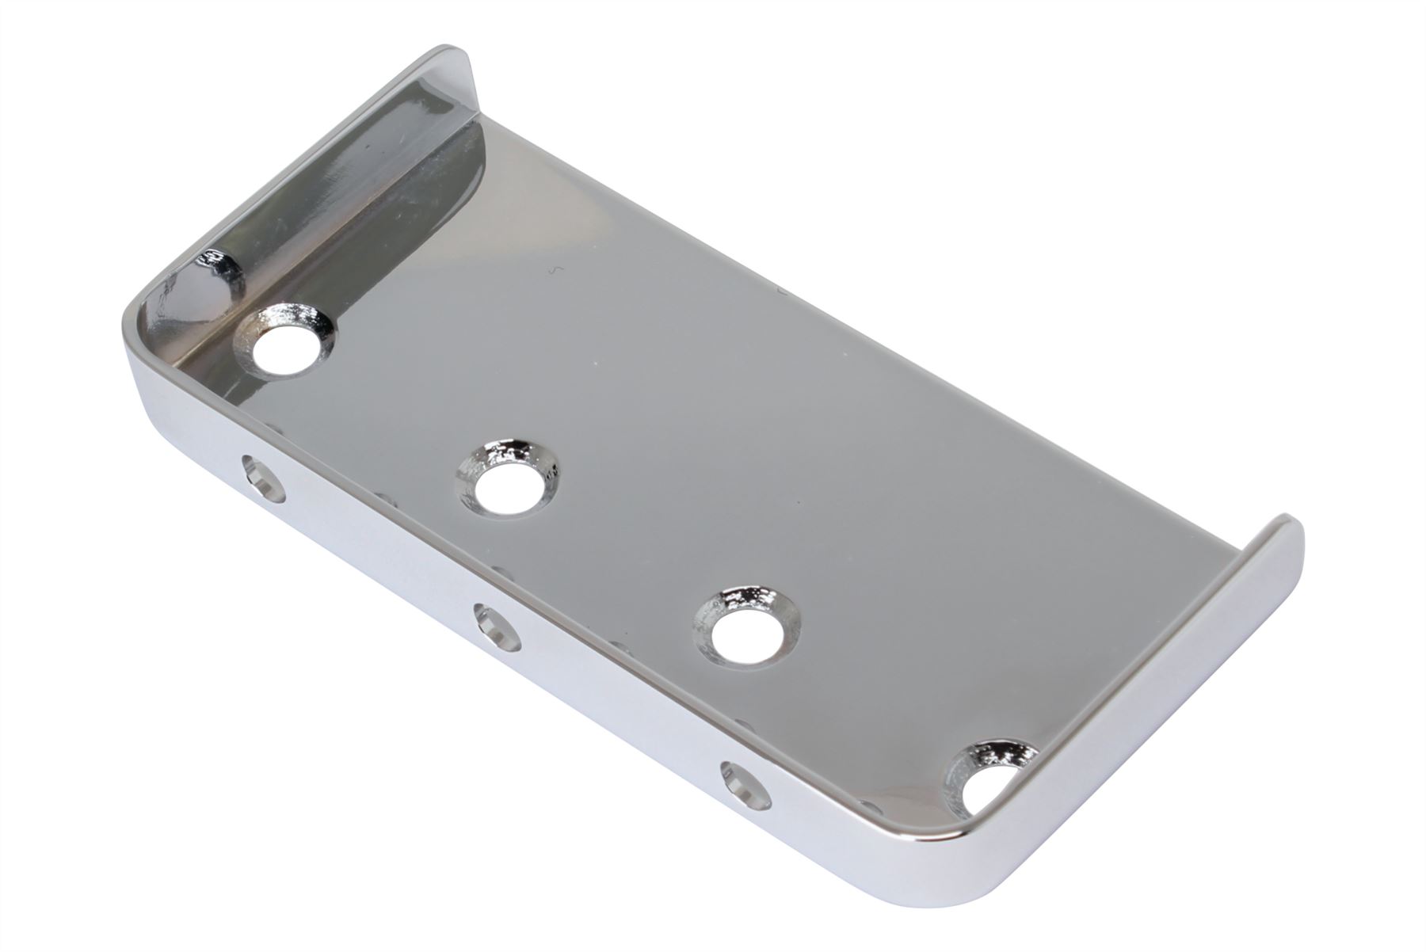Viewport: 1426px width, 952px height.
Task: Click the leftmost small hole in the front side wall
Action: [265, 478]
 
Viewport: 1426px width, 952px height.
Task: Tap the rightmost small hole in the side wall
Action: [746, 786]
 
